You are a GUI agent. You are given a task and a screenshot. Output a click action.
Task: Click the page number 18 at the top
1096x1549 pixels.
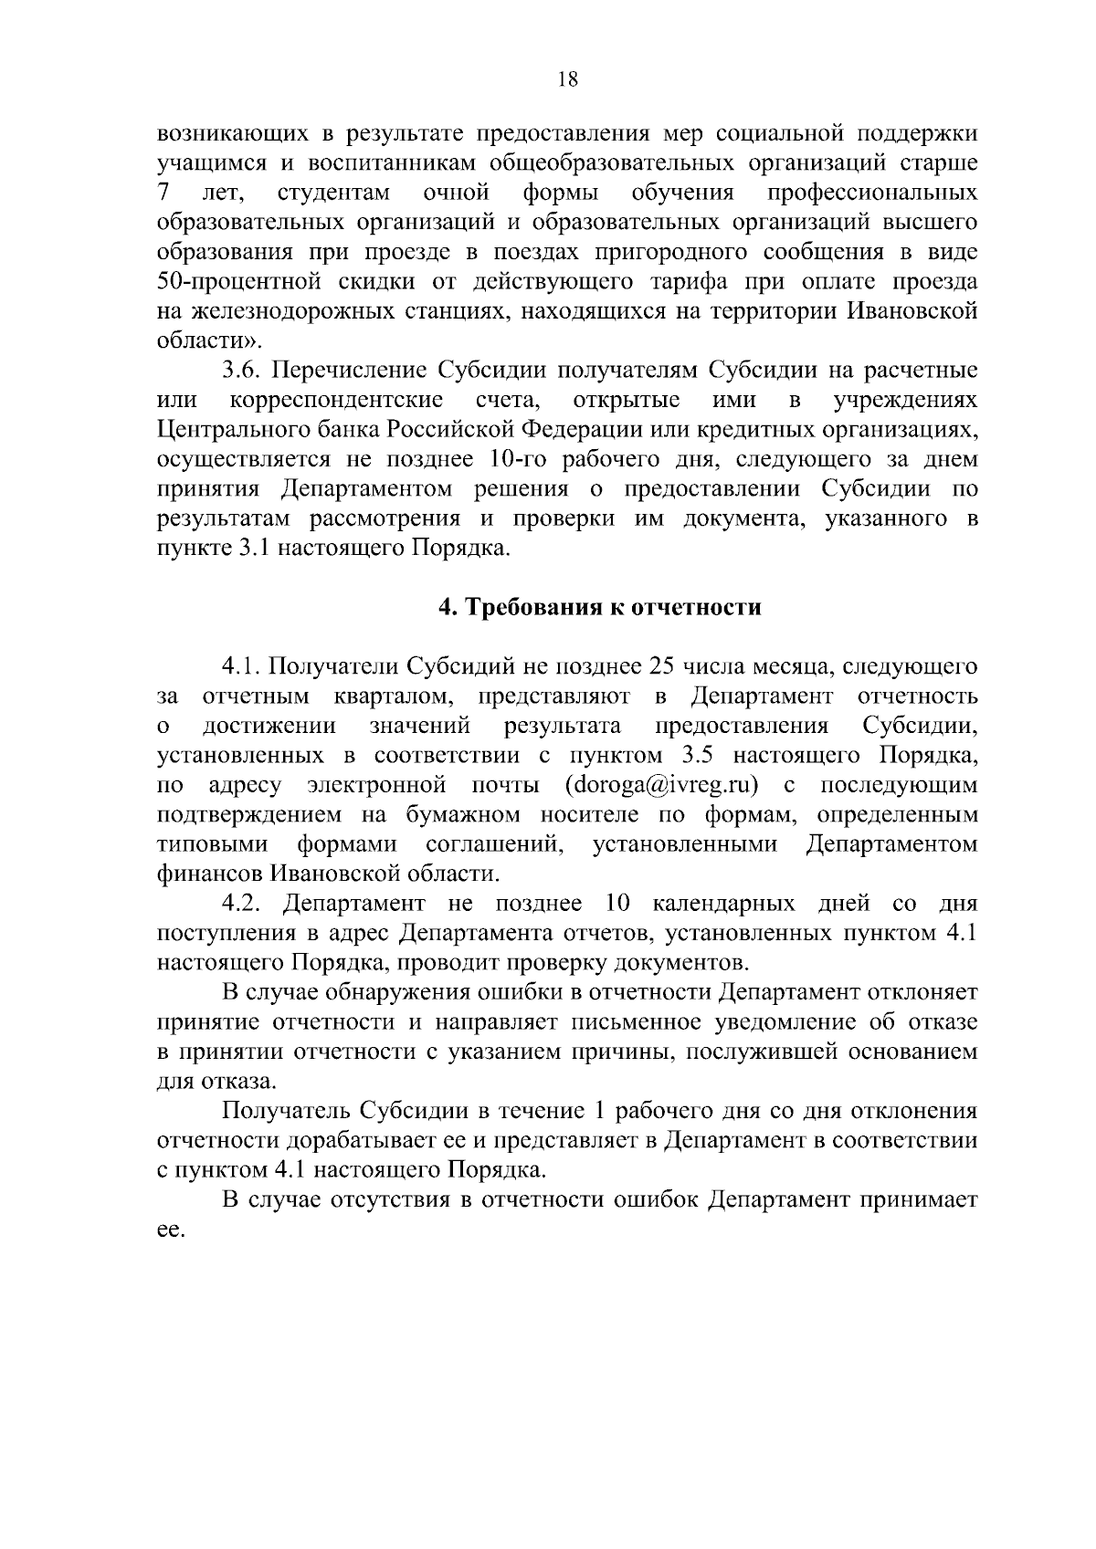(567, 79)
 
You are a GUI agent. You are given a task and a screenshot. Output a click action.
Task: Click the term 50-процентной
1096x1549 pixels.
(238, 281)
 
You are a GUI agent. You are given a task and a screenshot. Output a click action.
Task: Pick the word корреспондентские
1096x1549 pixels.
(337, 400)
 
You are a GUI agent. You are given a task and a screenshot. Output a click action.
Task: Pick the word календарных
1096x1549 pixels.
(729, 904)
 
